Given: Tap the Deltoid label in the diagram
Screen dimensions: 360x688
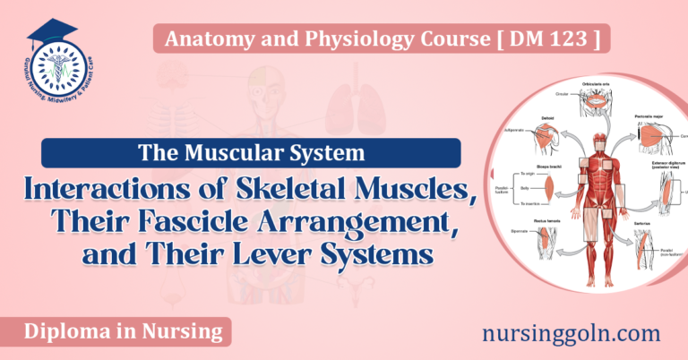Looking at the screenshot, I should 544,117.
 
